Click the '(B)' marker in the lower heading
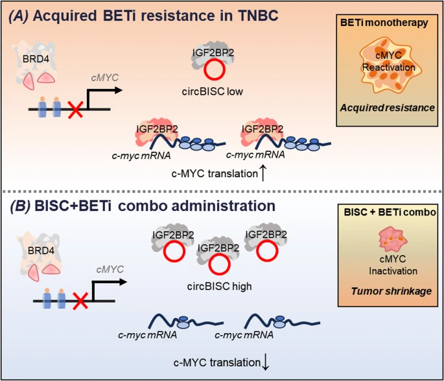pos(21,207)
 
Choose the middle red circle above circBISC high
pos(220,264)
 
